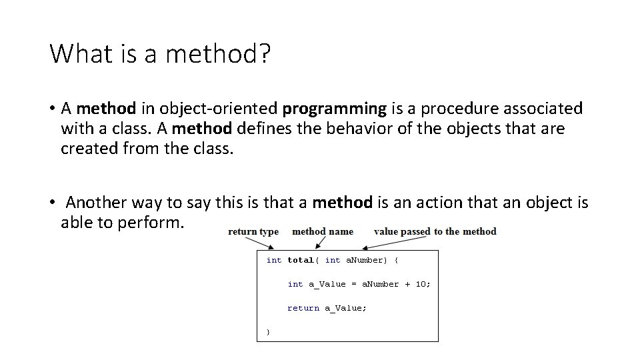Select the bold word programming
click(334, 108)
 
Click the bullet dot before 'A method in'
click(52, 109)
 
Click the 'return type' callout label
click(253, 231)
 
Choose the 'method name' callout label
click(323, 231)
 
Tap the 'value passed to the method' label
click(435, 231)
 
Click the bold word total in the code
click(300, 260)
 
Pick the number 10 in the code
click(421, 284)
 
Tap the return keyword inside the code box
click(303, 308)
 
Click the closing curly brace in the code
click(268, 331)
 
